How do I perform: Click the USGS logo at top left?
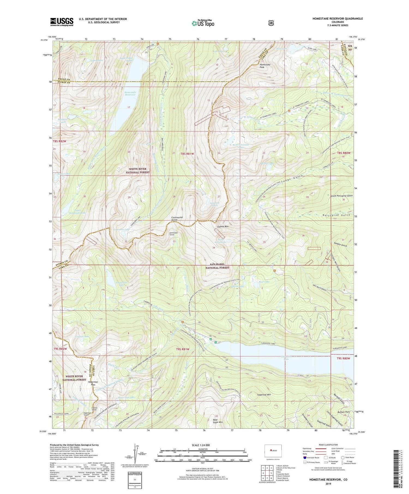tap(62, 22)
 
